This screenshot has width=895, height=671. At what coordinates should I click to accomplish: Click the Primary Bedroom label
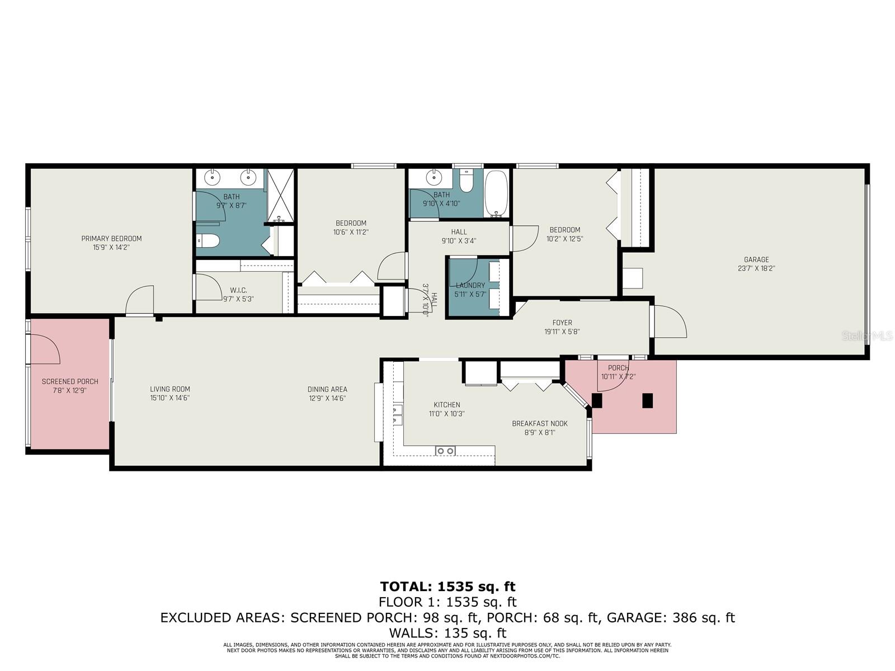pos(111,239)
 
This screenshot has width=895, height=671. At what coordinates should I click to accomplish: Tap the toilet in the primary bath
pos(208,241)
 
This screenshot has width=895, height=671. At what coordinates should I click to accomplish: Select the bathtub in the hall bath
pos(496,193)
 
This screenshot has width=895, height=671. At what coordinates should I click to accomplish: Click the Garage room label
pos(756,259)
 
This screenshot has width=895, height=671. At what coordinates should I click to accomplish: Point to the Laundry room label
pos(470,286)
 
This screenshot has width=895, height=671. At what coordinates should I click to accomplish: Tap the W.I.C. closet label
pos(238,290)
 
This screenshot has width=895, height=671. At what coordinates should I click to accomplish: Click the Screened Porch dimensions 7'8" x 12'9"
pos(70,390)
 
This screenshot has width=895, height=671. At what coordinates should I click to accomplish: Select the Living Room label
pos(169,389)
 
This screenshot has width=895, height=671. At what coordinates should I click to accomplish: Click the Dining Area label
pos(327,390)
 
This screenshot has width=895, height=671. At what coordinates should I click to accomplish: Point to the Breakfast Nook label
pos(539,424)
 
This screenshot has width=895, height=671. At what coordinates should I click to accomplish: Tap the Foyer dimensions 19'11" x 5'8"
pos(562,332)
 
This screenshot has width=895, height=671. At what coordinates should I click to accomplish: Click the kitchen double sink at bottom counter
pos(445,451)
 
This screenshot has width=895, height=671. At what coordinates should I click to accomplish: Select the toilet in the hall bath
pos(465,181)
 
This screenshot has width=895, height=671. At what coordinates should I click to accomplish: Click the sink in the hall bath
pos(434,178)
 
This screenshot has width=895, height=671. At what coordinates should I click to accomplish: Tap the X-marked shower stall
pos(280,195)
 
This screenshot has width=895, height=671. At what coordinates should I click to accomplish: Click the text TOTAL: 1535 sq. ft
pos(447,587)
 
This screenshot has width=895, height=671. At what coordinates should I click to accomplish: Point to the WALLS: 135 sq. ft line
pos(447,633)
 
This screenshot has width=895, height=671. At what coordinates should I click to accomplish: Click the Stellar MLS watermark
pos(867,335)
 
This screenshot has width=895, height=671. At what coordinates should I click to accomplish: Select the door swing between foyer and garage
pos(670,322)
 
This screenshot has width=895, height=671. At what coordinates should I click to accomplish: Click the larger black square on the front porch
pos(648,400)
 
